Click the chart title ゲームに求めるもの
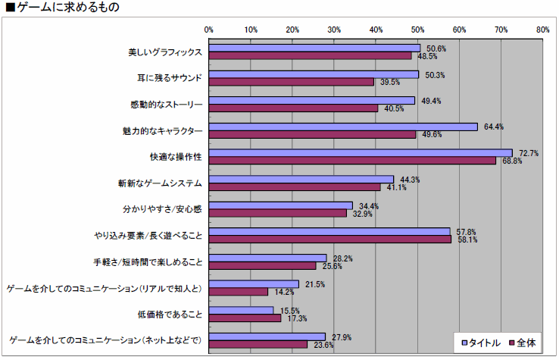coord(61,8)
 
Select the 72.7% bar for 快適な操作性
coord(361,152)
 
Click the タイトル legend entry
coord(481,343)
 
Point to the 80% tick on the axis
coord(542,30)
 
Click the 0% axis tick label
coord(209,30)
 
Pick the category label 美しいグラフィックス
coord(165,52)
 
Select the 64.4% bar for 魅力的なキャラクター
coord(343,127)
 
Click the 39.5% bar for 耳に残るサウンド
coord(292,82)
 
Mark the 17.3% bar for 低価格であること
coord(245,318)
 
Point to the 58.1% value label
coord(464,239)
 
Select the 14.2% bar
coord(239,292)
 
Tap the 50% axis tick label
coord(417,30)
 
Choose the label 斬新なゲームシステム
coord(161,183)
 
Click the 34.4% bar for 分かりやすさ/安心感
coord(281,205)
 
